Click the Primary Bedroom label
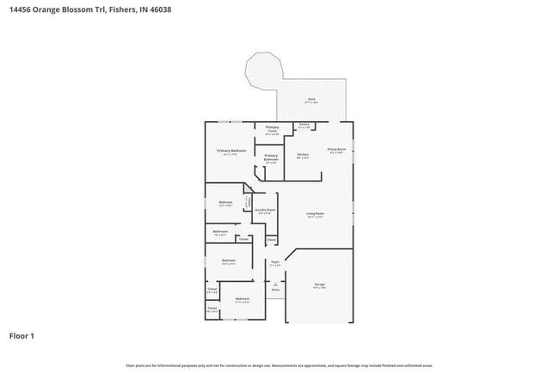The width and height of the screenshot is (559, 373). (x=231, y=151)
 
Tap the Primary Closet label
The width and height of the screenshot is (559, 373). (x=272, y=128)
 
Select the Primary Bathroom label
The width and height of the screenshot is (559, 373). (x=271, y=156)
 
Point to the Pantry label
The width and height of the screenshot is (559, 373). (x=304, y=125)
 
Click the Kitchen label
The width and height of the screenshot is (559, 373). (x=303, y=155)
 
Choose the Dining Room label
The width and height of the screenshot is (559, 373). (x=336, y=150)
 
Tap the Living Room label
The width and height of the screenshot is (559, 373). (x=316, y=213)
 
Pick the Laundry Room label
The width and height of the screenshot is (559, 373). (x=265, y=210)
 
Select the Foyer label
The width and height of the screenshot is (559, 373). (x=275, y=261)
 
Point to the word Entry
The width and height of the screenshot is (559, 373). (x=276, y=290)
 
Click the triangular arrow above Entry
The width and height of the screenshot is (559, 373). (x=276, y=284)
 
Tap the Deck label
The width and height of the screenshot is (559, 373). (x=311, y=100)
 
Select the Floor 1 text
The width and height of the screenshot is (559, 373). (x=22, y=335)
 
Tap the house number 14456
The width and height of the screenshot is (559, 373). (x=20, y=9)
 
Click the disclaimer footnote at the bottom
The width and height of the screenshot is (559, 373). (x=279, y=365)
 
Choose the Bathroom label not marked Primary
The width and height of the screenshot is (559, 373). (x=220, y=231)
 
